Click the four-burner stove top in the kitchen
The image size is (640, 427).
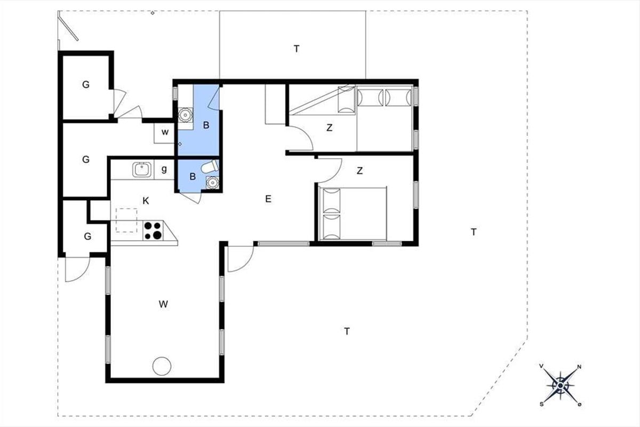(153, 231)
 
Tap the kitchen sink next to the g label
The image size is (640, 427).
(142, 169)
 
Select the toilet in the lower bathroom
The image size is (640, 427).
(210, 167)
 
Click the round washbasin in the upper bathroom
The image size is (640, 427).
(185, 115)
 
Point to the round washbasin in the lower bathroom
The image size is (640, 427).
(212, 182)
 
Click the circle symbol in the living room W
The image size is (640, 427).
(162, 366)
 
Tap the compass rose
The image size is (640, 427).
(561, 386)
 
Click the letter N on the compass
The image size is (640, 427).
(579, 367)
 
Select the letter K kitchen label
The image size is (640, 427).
(146, 201)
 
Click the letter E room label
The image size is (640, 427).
(268, 199)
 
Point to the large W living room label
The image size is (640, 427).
(163, 304)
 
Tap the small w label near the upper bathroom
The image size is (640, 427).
(165, 132)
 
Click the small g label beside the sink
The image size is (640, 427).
(164, 169)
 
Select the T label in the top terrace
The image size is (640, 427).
(297, 49)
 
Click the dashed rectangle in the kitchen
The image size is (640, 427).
(126, 220)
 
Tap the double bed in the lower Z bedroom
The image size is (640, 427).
(353, 214)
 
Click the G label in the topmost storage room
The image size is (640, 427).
(86, 84)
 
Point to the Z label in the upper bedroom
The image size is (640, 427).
(330, 128)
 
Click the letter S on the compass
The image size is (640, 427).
(541, 405)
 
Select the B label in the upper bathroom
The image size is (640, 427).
(206, 125)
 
